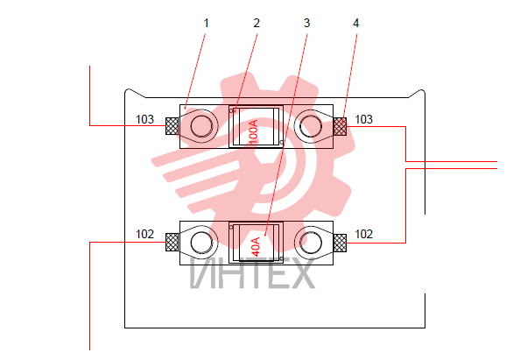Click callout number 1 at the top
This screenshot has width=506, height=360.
(207, 24)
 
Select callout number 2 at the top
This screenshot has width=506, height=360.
(257, 24)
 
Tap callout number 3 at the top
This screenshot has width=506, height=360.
(307, 24)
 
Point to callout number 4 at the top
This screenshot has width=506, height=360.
(356, 24)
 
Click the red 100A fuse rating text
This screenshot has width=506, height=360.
(254, 132)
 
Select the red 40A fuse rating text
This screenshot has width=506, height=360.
(256, 247)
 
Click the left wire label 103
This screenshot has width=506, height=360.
(145, 119)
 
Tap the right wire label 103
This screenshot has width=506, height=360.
(363, 119)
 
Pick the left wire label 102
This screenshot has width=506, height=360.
(145, 234)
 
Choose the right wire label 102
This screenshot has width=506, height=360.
(363, 234)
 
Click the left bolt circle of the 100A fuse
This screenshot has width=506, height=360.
(201, 126)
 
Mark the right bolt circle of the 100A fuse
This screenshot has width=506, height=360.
(311, 126)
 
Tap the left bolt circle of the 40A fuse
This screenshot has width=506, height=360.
(201, 243)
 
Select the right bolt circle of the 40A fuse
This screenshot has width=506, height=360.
(311, 243)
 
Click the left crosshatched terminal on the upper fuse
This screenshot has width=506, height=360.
(172, 126)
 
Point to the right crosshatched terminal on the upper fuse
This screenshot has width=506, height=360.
(341, 126)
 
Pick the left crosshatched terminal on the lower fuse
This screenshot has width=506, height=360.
(172, 243)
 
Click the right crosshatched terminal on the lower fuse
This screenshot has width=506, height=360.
(341, 243)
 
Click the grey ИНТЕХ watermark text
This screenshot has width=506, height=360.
(252, 273)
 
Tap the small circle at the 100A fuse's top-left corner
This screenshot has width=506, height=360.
(231, 110)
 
